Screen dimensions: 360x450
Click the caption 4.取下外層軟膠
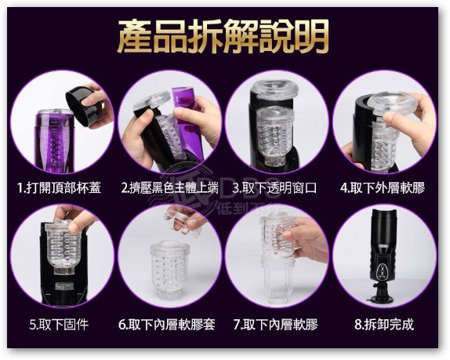[x=383, y=189]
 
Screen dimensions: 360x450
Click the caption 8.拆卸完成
[x=383, y=323]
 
